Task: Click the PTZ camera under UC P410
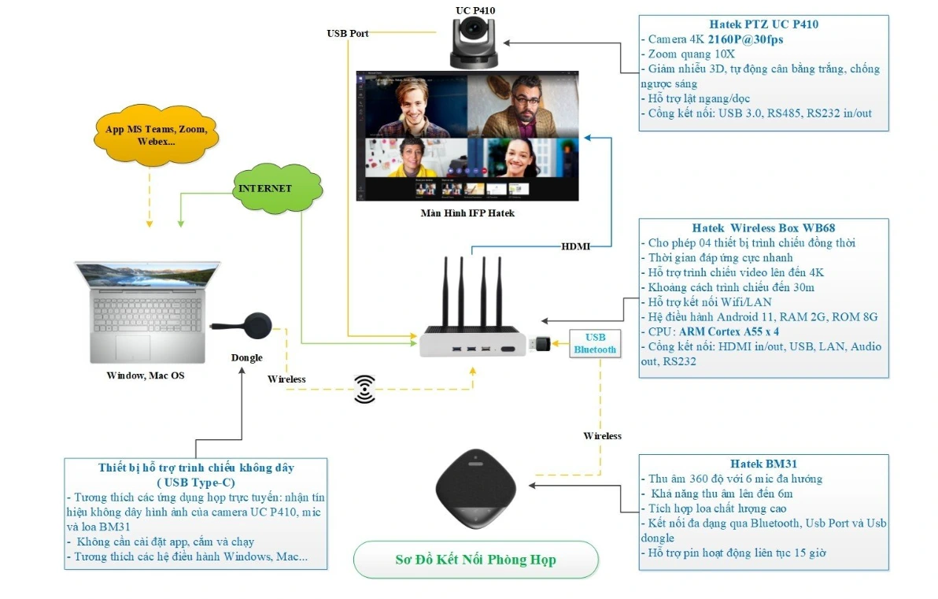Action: [475, 43]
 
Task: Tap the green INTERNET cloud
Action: [266, 189]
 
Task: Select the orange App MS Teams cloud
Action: [156, 135]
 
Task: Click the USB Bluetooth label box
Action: [595, 343]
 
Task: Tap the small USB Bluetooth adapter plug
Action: [544, 344]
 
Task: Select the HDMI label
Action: [575, 246]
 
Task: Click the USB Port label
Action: [348, 33]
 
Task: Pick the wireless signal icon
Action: [364, 389]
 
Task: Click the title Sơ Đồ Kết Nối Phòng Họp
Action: [475, 560]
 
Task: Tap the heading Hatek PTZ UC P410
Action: [763, 24]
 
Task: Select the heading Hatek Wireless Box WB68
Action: [763, 228]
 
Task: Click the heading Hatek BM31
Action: [763, 464]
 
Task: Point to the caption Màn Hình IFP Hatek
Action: [467, 213]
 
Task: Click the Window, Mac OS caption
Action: [146, 375]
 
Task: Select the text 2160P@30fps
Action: [745, 39]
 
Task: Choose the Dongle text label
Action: [246, 357]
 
